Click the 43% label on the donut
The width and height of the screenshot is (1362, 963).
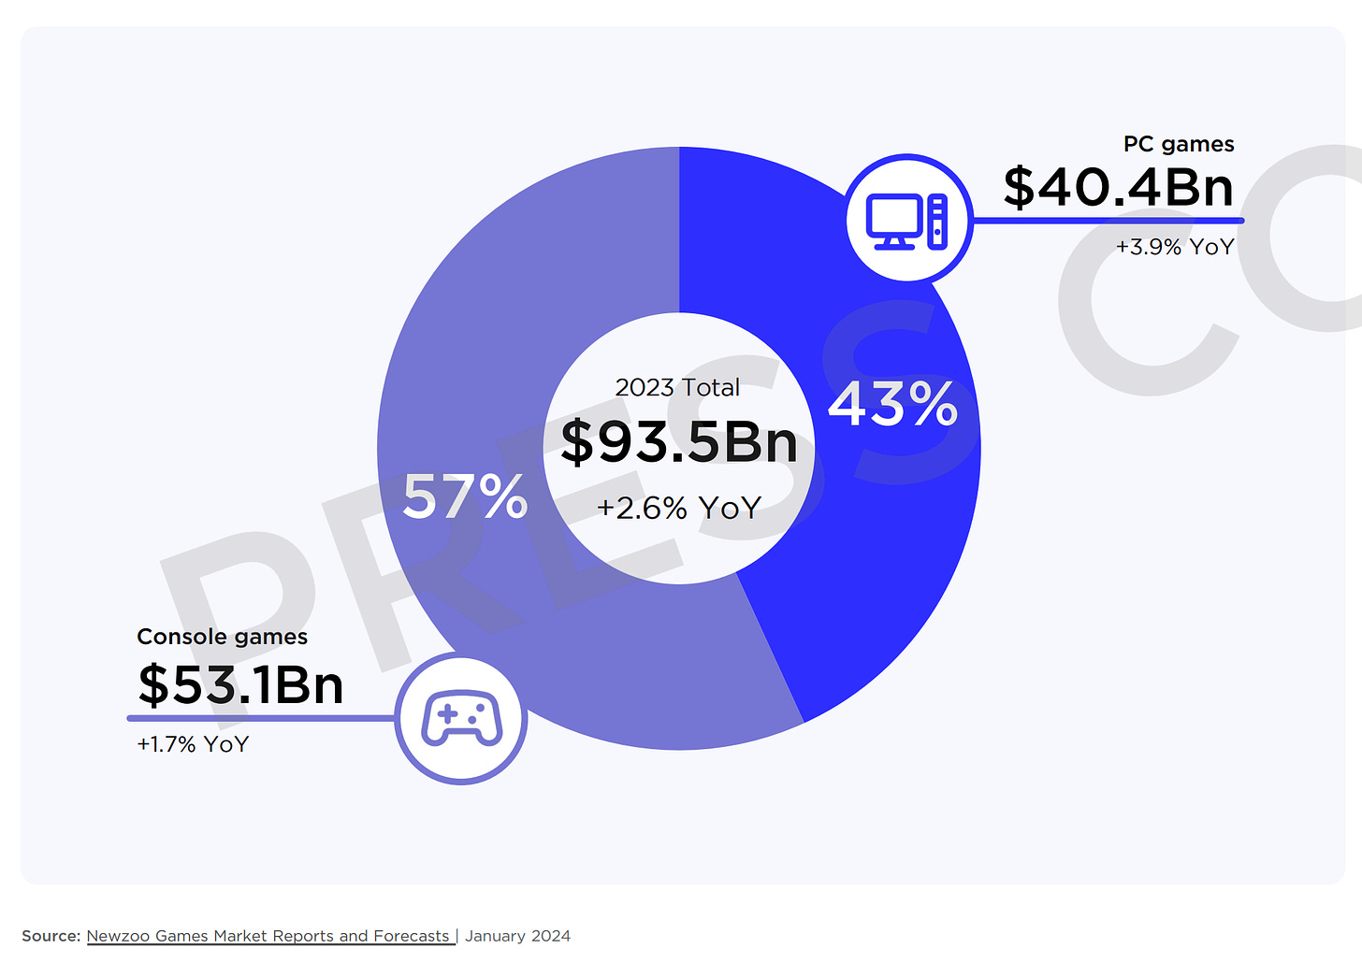click(892, 404)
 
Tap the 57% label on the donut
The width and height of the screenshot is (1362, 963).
click(465, 496)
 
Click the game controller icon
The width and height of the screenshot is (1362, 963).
click(461, 719)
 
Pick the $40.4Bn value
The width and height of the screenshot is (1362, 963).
click(1118, 187)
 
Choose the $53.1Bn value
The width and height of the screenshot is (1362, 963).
click(240, 685)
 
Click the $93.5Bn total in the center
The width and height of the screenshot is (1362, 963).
click(679, 442)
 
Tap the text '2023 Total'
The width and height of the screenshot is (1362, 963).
click(677, 387)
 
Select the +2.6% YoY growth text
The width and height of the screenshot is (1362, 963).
click(679, 508)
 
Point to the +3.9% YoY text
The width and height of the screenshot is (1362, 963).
click(1175, 247)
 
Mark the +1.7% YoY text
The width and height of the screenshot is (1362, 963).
click(193, 744)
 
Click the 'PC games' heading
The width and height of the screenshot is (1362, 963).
click(1179, 144)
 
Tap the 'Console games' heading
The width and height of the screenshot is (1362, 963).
click(222, 637)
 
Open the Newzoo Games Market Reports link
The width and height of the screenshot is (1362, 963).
click(268, 936)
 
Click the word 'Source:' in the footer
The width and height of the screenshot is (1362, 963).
click(51, 936)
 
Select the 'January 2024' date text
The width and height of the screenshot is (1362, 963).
click(517, 936)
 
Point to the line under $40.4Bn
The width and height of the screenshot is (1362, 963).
click(1108, 221)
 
